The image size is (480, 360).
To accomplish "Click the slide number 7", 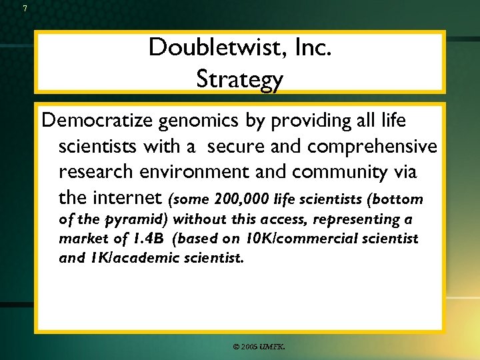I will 25,9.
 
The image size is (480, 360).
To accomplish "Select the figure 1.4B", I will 151,239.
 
